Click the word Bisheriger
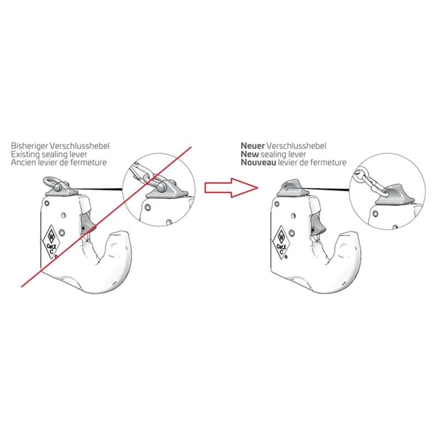click(x=30, y=146)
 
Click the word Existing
click(x=24, y=154)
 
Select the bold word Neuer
click(x=252, y=146)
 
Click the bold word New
click(x=250, y=154)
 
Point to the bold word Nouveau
click(x=258, y=162)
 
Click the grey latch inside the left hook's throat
click(x=88, y=223)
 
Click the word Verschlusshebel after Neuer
click(x=296, y=146)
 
